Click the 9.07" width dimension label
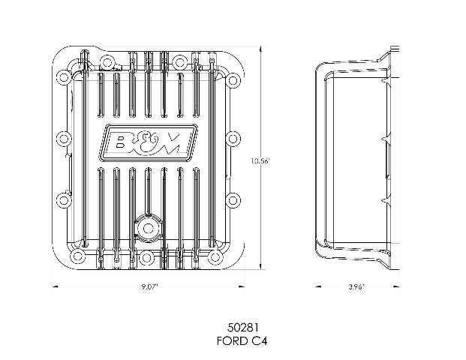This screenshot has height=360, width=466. pyautogui.click(x=150, y=287)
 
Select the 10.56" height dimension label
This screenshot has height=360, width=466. pyautogui.click(x=260, y=161)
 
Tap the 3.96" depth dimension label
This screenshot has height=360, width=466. pyautogui.click(x=356, y=287)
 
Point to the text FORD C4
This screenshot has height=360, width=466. pyautogui.click(x=242, y=340)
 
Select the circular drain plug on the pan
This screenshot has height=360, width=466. pyautogui.click(x=148, y=229)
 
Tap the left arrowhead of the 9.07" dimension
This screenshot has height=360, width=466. pyautogui.click(x=55, y=286)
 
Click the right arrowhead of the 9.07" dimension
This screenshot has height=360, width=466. pyautogui.click(x=242, y=286)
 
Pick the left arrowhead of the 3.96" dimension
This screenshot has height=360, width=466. pyautogui.click(x=318, y=286)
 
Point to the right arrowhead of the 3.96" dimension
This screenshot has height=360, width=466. pyautogui.click(x=395, y=286)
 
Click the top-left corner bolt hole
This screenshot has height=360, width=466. pyautogui.click(x=63, y=77)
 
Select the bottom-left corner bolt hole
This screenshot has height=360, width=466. pyautogui.click(x=77, y=256)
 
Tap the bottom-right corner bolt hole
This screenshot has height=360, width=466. pyautogui.click(x=215, y=257)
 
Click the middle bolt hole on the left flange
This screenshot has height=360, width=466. pyautogui.click(x=64, y=139)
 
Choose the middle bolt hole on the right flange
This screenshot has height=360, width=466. pyautogui.click(x=233, y=139)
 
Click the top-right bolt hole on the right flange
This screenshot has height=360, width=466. pyautogui.click(x=233, y=80)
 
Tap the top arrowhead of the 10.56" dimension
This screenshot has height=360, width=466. pyautogui.click(x=260, y=49)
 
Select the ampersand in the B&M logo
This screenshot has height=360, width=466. pyautogui.click(x=146, y=143)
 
